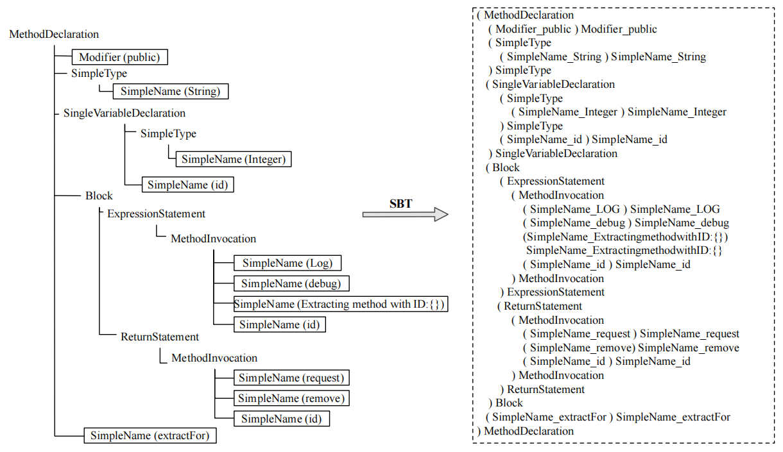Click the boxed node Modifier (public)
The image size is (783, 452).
pyautogui.click(x=119, y=58)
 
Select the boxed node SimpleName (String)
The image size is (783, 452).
pyautogui.click(x=170, y=91)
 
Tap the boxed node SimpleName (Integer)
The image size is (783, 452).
pyautogui.click(x=234, y=158)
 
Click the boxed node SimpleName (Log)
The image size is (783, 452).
pyautogui.click(x=288, y=263)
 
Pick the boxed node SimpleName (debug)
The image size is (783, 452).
pyautogui.click(x=291, y=283)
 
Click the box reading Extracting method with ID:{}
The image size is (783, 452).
pyautogui.click(x=340, y=304)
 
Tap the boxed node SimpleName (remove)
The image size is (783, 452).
pyautogui.click(x=291, y=398)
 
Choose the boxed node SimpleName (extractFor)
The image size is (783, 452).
pyautogui.click(x=150, y=436)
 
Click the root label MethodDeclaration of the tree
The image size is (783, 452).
pyautogui.click(x=54, y=34)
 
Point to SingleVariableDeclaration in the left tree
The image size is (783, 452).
pyautogui.click(x=124, y=113)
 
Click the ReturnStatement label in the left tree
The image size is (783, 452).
pyautogui.click(x=160, y=337)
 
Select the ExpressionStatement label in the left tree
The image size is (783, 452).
pyautogui.click(x=156, y=213)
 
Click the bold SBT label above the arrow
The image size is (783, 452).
pyautogui.click(x=400, y=204)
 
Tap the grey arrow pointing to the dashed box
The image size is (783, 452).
pyautogui.click(x=405, y=215)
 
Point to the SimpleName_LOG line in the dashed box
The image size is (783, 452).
pyautogui.click(x=621, y=209)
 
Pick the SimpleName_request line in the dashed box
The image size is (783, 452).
pyautogui.click(x=630, y=333)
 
